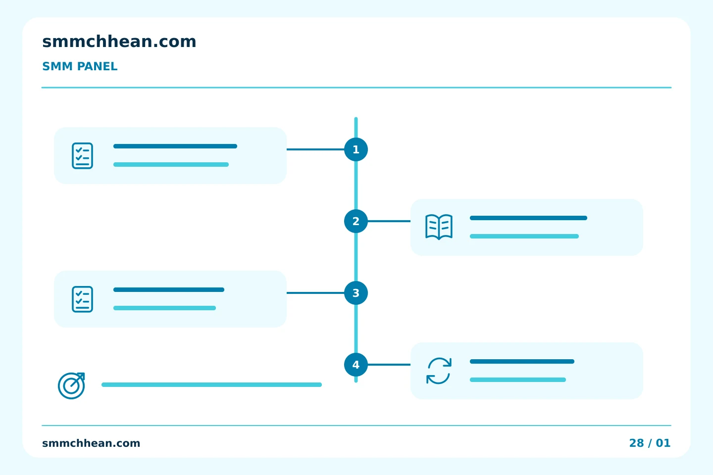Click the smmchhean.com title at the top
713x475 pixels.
point(119,42)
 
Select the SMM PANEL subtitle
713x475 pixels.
point(80,66)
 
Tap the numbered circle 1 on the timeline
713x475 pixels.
point(356,149)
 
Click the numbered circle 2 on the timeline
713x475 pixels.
point(356,221)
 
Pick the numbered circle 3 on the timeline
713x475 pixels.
point(356,293)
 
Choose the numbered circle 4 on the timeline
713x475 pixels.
point(356,365)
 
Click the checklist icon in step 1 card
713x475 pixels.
point(82,155)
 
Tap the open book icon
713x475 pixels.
point(439,227)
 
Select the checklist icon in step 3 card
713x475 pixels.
point(82,299)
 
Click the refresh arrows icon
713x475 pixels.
point(439,371)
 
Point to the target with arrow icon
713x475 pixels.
point(72,385)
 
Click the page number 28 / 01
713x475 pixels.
point(650,443)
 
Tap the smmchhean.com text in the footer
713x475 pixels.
point(91,443)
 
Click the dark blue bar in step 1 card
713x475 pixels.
point(175,146)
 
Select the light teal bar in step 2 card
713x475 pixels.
point(524,237)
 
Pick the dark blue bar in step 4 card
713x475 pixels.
point(522,361)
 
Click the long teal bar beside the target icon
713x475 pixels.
point(212,384)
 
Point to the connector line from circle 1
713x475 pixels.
point(315,149)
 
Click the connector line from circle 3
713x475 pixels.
point(315,293)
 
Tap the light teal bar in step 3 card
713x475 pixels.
point(164,308)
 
